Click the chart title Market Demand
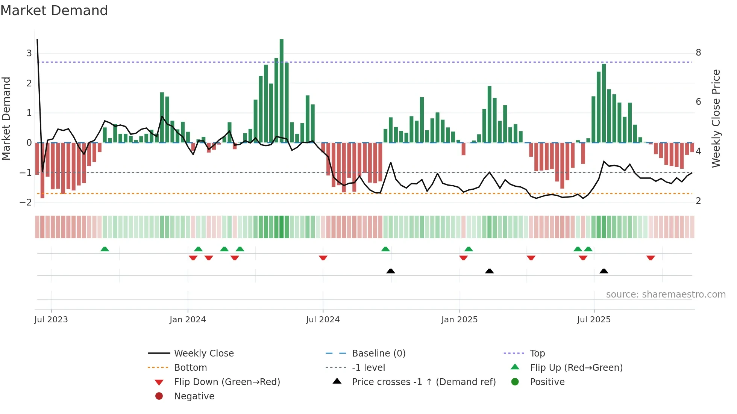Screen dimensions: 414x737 [x=54, y=11]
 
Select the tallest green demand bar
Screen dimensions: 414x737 [x=281, y=90]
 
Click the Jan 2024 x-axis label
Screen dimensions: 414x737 [x=187, y=320]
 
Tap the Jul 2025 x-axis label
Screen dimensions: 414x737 [x=594, y=320]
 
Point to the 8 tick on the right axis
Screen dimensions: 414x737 [x=698, y=53]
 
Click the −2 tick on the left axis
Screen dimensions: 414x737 [x=26, y=202]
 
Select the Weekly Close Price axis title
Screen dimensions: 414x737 [x=716, y=118]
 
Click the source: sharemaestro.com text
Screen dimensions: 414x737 [x=666, y=295]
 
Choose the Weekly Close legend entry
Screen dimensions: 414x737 [x=203, y=354]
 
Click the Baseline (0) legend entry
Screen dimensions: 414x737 [x=378, y=354]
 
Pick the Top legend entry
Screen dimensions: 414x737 [x=537, y=354]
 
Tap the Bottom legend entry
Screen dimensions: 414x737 [x=190, y=368]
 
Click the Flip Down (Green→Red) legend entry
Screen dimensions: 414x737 [x=227, y=382]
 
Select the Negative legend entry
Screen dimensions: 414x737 [x=194, y=396]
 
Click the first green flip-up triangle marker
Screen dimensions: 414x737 [x=105, y=249]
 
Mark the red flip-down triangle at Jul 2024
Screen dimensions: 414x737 [x=323, y=258]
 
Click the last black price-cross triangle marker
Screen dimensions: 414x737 [x=604, y=271]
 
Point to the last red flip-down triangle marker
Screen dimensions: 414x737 [x=651, y=258]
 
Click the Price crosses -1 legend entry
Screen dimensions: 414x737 [x=423, y=382]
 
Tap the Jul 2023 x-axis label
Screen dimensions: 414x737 [x=51, y=320]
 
